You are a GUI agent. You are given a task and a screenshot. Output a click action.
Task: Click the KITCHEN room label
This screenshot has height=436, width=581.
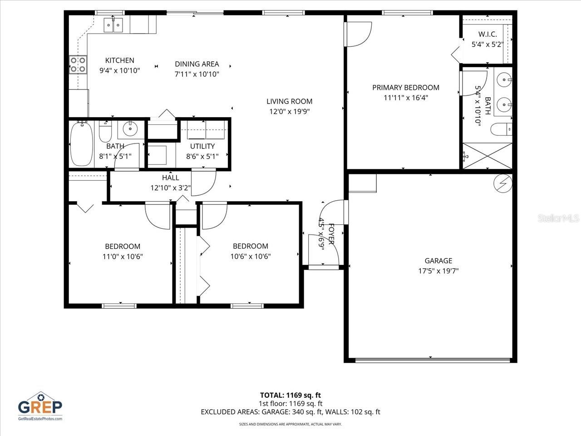119,60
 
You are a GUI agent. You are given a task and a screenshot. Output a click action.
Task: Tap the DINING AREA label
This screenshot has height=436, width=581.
197,64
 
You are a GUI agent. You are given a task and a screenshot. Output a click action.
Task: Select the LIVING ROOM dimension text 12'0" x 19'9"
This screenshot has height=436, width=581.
289,112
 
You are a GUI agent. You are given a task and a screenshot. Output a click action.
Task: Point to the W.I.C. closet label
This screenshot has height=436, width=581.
487,35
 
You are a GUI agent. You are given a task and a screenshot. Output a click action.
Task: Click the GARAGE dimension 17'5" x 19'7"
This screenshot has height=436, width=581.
438,271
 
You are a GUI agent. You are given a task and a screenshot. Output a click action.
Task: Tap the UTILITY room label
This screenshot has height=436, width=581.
202,146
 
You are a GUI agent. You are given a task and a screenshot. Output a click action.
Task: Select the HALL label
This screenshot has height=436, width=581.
170,178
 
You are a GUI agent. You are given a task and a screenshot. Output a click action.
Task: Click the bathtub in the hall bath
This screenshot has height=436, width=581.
82,144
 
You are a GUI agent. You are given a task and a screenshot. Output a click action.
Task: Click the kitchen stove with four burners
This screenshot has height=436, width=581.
78,64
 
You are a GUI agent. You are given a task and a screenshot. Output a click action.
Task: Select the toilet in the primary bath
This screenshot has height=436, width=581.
501,129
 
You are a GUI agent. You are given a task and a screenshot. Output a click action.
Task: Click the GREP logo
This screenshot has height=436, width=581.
40,406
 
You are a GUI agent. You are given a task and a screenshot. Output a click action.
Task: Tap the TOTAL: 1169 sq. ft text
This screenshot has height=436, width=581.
290,395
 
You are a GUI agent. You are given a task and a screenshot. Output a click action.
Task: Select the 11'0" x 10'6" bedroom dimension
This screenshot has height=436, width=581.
123,256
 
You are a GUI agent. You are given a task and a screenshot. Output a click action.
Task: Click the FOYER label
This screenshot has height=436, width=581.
331,234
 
